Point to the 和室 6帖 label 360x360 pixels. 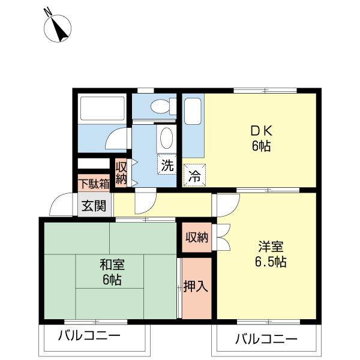click(x=112, y=272)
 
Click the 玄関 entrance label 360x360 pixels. click(x=93, y=206)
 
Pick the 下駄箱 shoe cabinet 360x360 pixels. click(x=93, y=182)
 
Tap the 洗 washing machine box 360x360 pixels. click(x=166, y=164)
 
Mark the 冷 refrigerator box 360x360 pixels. click(x=194, y=176)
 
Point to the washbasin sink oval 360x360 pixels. click(x=166, y=139)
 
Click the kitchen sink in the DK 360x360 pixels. click(x=193, y=112)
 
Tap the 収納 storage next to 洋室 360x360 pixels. click(x=197, y=237)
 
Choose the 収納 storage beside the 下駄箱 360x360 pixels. click(x=121, y=172)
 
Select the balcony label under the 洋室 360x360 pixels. click(x=266, y=339)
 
